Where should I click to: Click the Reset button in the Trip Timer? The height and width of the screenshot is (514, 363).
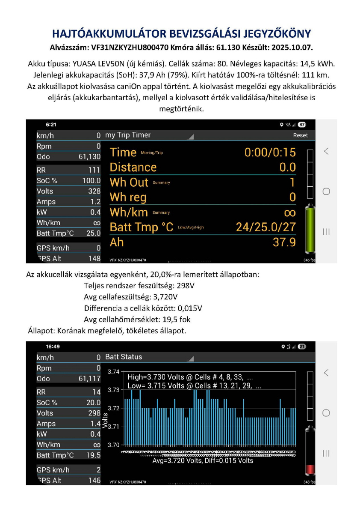pyautogui.click(x=300, y=135)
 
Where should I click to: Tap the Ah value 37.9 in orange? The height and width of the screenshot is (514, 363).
pyautogui.click(x=284, y=243)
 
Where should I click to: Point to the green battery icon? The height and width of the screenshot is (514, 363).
pyautogui.click(x=310, y=230)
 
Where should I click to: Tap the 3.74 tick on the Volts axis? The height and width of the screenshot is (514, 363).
pyautogui.click(x=113, y=371)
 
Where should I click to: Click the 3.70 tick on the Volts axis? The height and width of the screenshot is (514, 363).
pyautogui.click(x=113, y=445)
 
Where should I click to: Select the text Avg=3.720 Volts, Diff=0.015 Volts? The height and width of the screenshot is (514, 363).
pyautogui.click(x=203, y=461)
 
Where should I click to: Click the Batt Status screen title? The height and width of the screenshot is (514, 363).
pyautogui.click(x=124, y=357)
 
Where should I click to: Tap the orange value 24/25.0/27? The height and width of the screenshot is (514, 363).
pyautogui.click(x=266, y=227)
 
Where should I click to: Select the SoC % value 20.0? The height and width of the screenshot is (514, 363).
pyautogui.click(x=94, y=403)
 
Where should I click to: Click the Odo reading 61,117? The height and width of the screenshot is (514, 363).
pyautogui.click(x=90, y=379)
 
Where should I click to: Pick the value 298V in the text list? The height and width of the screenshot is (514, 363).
pyautogui.click(x=186, y=285)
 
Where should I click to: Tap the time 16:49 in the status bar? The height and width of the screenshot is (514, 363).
pyautogui.click(x=53, y=346)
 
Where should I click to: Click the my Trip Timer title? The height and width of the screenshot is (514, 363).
pyautogui.click(x=128, y=135)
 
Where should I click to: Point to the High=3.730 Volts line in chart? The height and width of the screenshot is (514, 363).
pyautogui.click(x=190, y=377)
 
